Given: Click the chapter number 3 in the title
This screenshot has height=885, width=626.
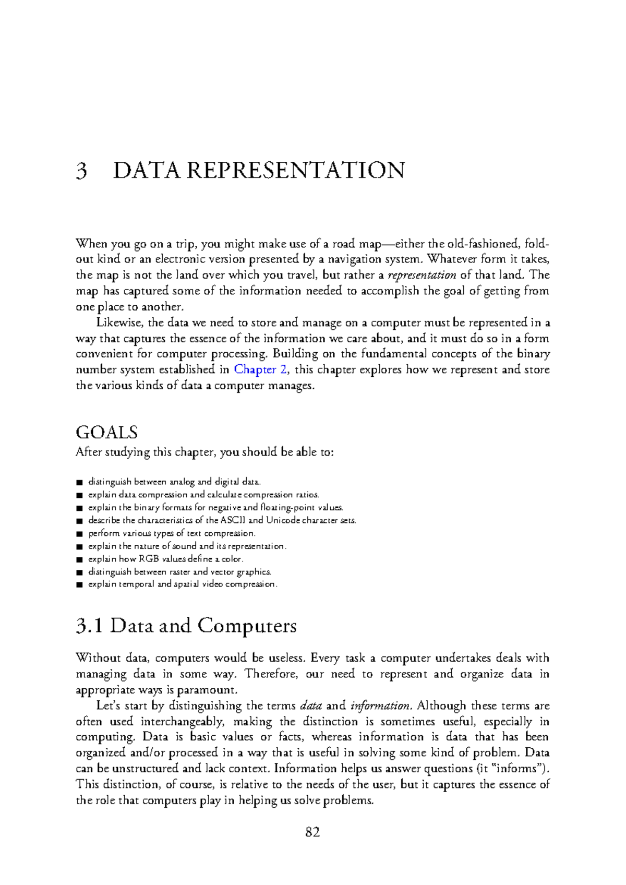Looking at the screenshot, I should point(81,171).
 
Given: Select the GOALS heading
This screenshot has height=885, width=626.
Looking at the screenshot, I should point(106,432).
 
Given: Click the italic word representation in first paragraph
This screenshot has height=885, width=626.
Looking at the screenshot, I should point(423,275).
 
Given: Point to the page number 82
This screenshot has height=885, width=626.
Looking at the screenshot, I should point(312,832).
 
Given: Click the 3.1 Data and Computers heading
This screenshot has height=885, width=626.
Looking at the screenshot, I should point(186,625).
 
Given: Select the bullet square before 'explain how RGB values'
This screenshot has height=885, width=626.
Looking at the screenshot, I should point(79,559).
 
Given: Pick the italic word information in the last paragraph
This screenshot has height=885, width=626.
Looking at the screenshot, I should point(381,705).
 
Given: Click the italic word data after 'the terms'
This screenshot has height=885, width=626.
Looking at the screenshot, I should point(311,705).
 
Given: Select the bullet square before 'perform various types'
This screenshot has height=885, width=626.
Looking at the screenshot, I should point(79,534).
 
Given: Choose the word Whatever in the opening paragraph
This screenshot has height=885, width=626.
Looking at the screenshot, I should point(450,259).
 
